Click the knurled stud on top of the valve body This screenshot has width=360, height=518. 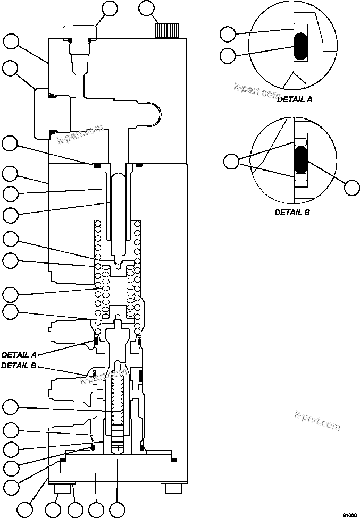point(168,30)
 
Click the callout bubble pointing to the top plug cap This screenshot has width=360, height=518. point(111,9)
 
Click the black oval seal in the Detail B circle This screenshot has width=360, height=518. point(301,159)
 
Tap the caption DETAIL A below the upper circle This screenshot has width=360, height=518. point(295,99)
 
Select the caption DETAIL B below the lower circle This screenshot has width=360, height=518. point(292,212)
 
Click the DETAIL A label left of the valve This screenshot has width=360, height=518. point(19,354)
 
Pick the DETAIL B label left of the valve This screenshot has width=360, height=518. point(19,366)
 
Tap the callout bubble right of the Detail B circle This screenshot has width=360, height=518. point(351,187)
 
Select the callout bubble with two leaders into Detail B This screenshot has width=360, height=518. point(232,161)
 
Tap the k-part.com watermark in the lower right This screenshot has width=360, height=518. point(316,420)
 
